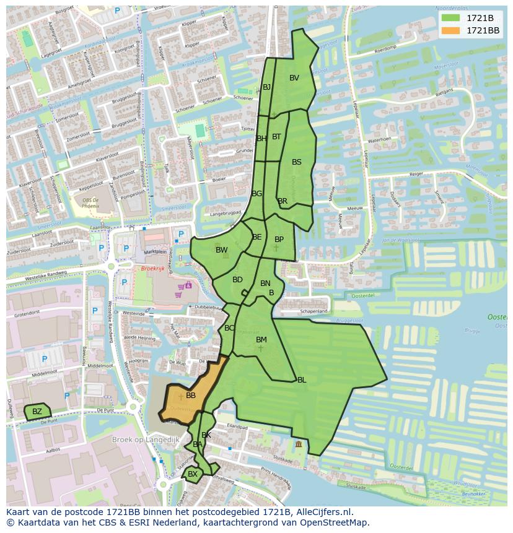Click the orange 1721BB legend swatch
click(x=450, y=30)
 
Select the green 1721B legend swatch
click(x=450, y=18)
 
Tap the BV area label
click(x=294, y=78)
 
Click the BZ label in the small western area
click(x=37, y=412)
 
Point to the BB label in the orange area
click(x=191, y=396)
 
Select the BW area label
click(x=221, y=250)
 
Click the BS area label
click(x=297, y=162)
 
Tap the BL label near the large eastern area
click(x=302, y=380)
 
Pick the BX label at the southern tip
click(x=193, y=474)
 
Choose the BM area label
click(x=261, y=340)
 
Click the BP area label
click(x=279, y=240)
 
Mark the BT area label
click(x=276, y=137)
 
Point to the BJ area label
click(x=267, y=87)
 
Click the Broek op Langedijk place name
click(x=145, y=440)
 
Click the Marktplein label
click(x=156, y=252)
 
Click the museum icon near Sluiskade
click(x=299, y=444)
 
